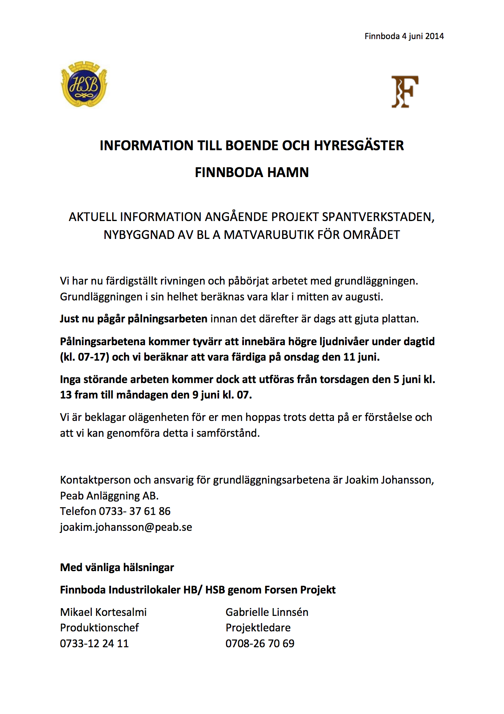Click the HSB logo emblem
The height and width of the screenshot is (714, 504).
(84, 84)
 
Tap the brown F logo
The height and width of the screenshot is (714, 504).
(404, 92)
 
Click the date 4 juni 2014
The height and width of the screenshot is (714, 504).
(423, 36)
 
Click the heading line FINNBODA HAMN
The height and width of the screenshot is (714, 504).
(252, 173)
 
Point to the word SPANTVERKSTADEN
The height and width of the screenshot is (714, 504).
(378, 217)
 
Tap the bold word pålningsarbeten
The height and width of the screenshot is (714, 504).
(167, 319)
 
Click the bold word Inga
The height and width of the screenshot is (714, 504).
(70, 379)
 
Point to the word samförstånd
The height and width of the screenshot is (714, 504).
(228, 433)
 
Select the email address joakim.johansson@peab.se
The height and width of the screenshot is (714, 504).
(126, 527)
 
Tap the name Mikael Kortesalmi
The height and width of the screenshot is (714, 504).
(103, 612)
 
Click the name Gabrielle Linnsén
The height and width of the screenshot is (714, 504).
(267, 612)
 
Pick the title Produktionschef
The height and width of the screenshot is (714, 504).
(100, 628)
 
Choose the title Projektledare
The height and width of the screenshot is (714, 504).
(258, 628)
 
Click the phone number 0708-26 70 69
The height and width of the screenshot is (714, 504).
(260, 644)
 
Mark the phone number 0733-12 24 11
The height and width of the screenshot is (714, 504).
(94, 644)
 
